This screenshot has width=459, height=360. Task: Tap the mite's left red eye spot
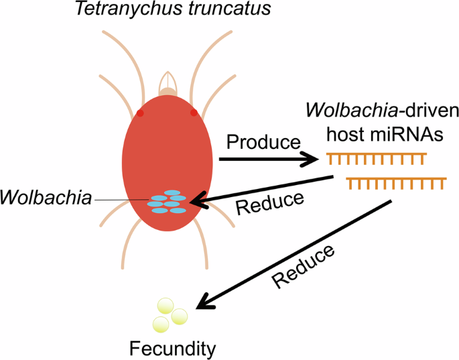point(140,113)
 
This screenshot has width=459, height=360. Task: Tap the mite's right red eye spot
point(194,113)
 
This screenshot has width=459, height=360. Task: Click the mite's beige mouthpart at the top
point(167,86)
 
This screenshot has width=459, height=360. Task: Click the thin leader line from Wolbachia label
point(121,200)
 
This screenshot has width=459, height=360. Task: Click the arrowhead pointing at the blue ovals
point(197,201)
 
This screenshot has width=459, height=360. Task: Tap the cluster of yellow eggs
point(170,315)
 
